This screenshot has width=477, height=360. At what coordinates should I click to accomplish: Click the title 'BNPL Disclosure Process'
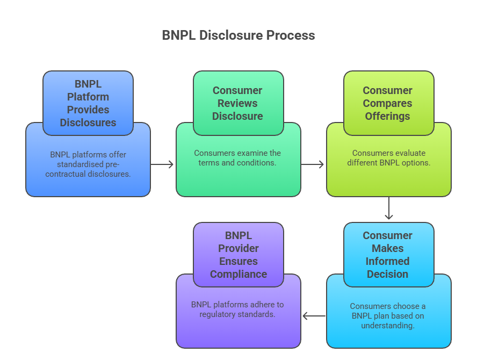pos(238,35)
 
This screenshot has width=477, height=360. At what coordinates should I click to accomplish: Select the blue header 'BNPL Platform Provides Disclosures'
pos(88,103)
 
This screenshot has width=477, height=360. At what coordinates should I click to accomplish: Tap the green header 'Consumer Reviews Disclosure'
pos(238,103)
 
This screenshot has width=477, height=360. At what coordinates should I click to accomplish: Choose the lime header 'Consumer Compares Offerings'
pos(388,103)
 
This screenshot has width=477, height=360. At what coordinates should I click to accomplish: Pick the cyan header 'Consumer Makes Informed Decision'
pos(388,255)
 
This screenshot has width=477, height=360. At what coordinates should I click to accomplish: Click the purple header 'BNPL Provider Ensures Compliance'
pos(238,255)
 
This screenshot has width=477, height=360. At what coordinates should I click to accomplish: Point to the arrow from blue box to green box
pos(163,164)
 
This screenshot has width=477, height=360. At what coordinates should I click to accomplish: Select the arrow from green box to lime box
pos(313,164)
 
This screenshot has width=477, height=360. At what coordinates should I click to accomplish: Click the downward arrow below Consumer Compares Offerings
pos(388,208)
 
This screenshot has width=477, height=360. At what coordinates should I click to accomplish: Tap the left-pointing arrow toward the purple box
pos(314,316)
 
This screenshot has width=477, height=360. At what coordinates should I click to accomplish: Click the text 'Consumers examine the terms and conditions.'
pos(238,157)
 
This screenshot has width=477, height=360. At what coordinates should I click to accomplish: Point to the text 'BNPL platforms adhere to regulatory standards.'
pos(238,309)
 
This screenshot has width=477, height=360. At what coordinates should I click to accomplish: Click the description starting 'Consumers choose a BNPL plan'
pos(388,316)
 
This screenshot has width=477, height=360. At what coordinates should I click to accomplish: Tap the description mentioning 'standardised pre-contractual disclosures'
pos(88,164)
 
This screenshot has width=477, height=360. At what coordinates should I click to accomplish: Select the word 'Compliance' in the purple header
pos(238,274)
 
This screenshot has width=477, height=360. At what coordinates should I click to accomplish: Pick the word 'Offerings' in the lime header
pos(388,116)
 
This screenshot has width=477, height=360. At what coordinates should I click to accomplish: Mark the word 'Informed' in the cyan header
pos(388,261)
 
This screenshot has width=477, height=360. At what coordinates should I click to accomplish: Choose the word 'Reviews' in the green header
pos(238,103)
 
